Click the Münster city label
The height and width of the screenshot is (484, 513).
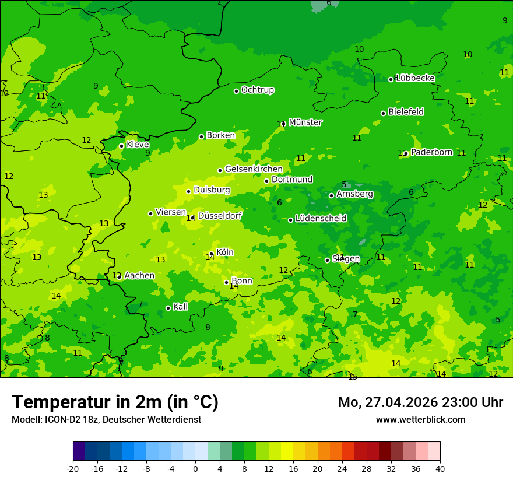305,122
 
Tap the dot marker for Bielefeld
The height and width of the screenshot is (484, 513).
383,113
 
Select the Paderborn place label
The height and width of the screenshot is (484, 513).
431,152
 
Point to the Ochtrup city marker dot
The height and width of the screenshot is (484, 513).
236,91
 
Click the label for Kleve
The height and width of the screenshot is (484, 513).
138,145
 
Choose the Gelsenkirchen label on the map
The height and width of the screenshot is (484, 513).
254,169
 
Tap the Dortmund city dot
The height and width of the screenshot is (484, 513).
266,181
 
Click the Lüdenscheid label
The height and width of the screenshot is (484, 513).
321,219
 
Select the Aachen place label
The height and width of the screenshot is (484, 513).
139,276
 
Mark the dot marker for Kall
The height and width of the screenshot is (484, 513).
168,308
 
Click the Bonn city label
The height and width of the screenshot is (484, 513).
242,281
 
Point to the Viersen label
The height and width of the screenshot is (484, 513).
171,212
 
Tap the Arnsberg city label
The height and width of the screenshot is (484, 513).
354,194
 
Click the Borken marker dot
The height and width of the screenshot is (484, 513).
201,136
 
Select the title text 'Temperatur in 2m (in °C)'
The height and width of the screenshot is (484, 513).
115,402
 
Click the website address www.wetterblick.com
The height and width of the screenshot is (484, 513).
420,419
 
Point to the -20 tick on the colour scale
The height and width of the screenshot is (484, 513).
73,468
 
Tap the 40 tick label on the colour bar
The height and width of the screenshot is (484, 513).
440,468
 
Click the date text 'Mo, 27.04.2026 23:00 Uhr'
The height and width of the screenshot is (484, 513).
420,402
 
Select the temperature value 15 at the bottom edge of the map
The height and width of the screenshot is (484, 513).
353,377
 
